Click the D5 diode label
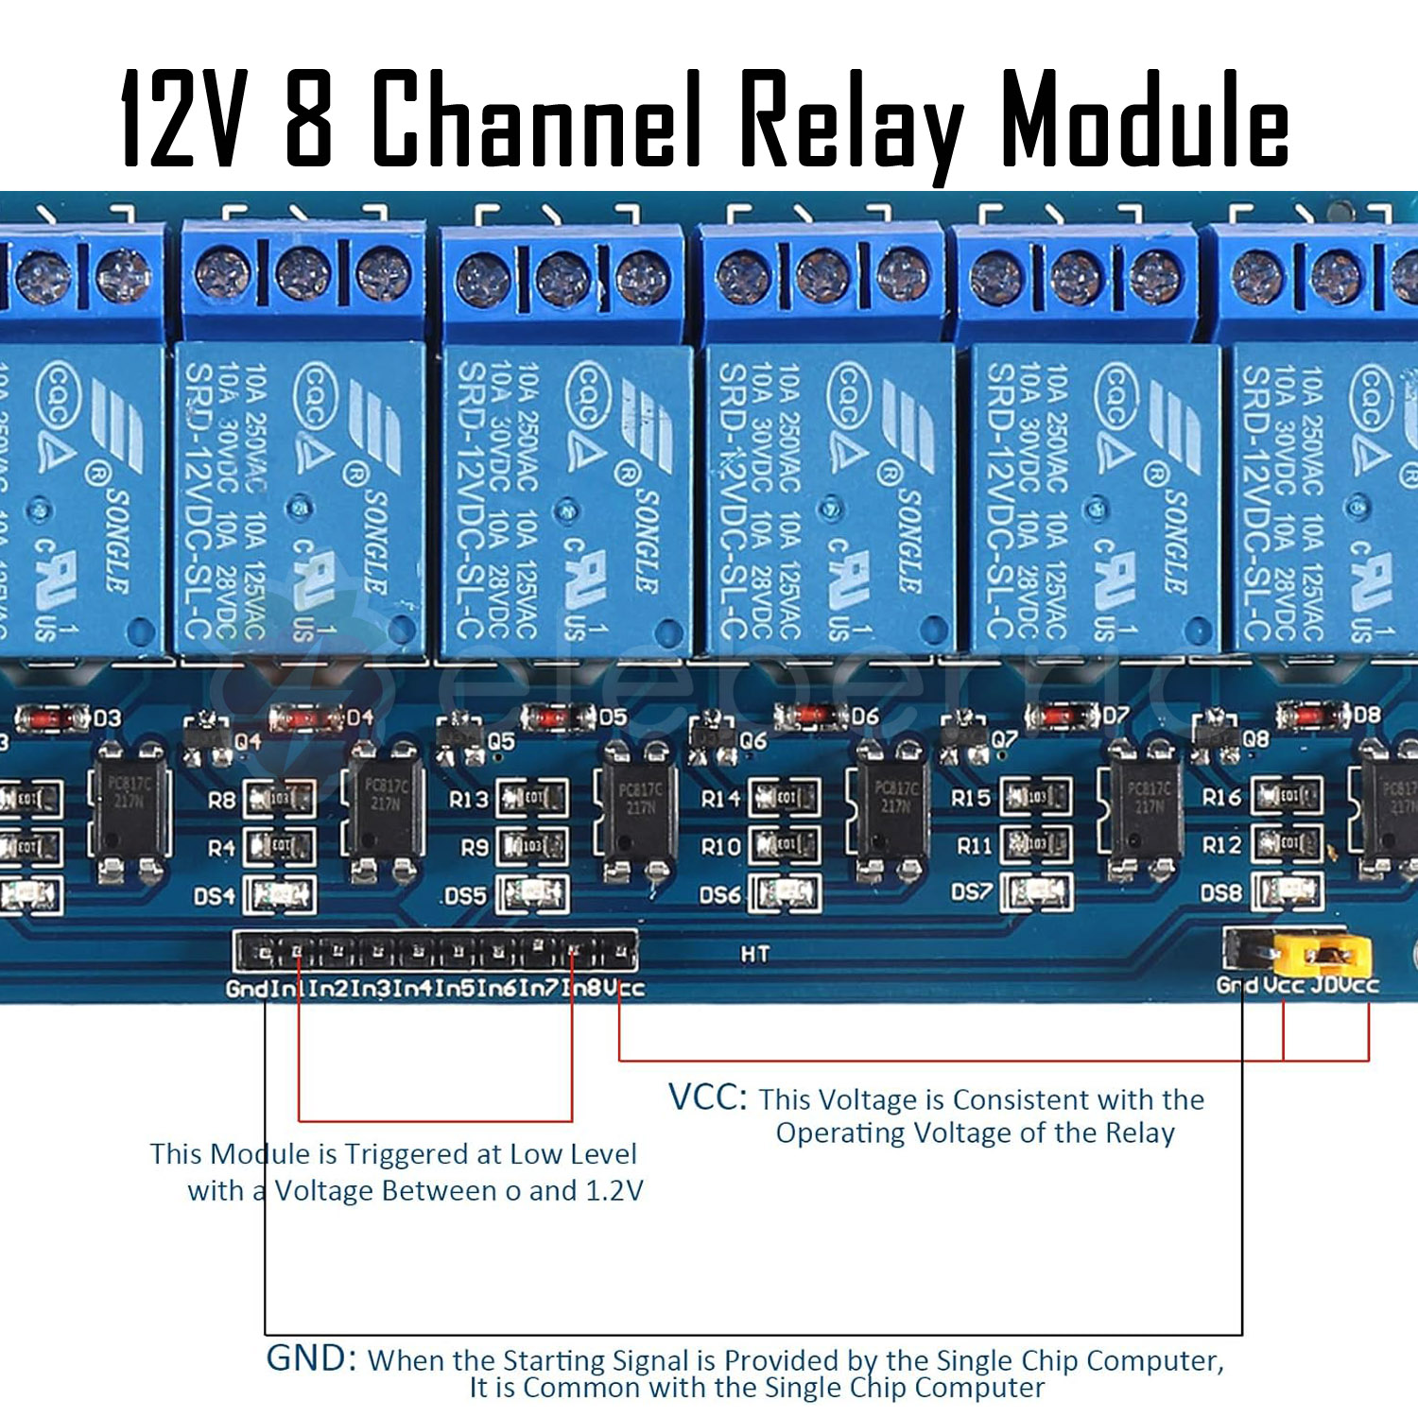pyautogui.click(x=613, y=718)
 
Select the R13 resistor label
pyautogui.click(x=468, y=800)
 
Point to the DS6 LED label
pyautogui.click(x=719, y=894)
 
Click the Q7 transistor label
pyautogui.click(x=1004, y=738)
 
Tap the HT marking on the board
pyautogui.click(x=754, y=954)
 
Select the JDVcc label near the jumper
pyautogui.click(x=1345, y=985)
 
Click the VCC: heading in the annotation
pyautogui.click(x=707, y=1098)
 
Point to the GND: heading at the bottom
pyautogui.click(x=311, y=1357)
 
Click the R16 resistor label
pyautogui.click(x=1221, y=797)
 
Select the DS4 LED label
pyautogui.click(x=214, y=895)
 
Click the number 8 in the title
pyautogui.click(x=309, y=120)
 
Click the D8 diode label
pyautogui.click(x=1366, y=715)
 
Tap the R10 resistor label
pyautogui.click(x=720, y=846)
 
